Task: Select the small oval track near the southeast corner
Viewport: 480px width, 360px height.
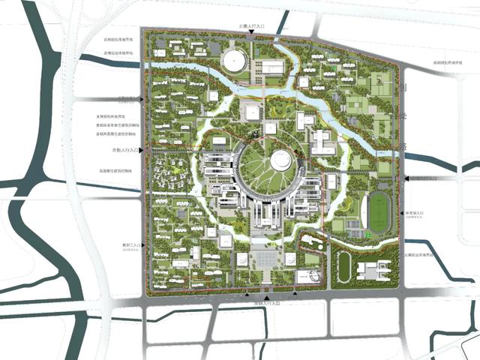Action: coord(345,265)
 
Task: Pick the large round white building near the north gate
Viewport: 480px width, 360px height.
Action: coord(234,60)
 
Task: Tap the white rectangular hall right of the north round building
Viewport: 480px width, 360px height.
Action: coord(273,68)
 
